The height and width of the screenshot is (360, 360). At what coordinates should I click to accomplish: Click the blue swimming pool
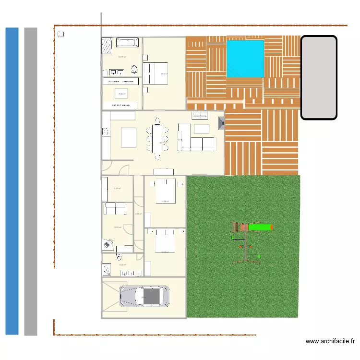pyautogui.click(x=245, y=59)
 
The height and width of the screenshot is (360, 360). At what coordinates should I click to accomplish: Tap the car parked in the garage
pyautogui.click(x=144, y=297)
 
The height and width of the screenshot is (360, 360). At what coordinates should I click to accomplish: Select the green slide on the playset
pyautogui.click(x=259, y=227)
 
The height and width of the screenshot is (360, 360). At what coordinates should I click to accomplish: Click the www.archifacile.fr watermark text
pyautogui.click(x=330, y=342)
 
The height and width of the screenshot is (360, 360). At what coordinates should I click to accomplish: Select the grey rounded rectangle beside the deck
pyautogui.click(x=319, y=77)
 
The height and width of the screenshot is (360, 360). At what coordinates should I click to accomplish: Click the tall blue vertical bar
pyautogui.click(x=12, y=181)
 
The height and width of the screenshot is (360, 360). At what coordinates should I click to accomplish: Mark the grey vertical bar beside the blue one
pyautogui.click(x=30, y=181)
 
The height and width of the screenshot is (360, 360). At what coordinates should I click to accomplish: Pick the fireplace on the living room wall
pyautogui.click(x=221, y=123)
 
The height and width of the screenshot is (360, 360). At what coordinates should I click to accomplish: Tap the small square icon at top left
pyautogui.click(x=61, y=34)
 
